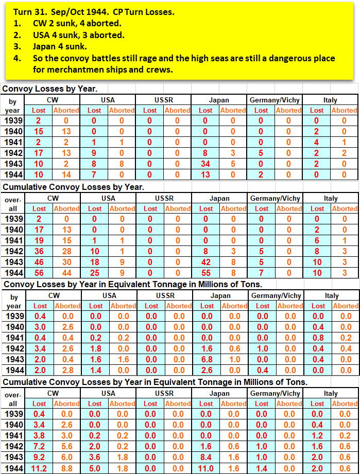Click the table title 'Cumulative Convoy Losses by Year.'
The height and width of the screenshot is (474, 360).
pyautogui.click(x=73, y=187)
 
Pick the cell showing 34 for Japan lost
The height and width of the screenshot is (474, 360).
pyautogui.click(x=205, y=164)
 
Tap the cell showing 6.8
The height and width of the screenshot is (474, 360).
pyautogui.click(x=205, y=360)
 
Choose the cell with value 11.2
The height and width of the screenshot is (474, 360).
pyautogui.click(x=39, y=468)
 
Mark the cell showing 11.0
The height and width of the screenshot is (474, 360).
pyautogui.click(x=205, y=468)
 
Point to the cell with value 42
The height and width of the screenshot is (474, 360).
pyautogui.click(x=205, y=262)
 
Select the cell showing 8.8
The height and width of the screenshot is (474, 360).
pyautogui.click(x=67, y=468)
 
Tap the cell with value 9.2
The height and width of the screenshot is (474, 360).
pyautogui.click(x=39, y=458)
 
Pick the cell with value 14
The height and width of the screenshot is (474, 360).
pyautogui.click(x=67, y=175)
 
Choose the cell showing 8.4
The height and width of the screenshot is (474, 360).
pyautogui.click(x=205, y=458)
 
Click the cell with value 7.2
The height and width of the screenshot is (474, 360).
pyautogui.click(x=39, y=447)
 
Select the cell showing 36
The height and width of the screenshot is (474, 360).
pyautogui.click(x=39, y=252)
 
